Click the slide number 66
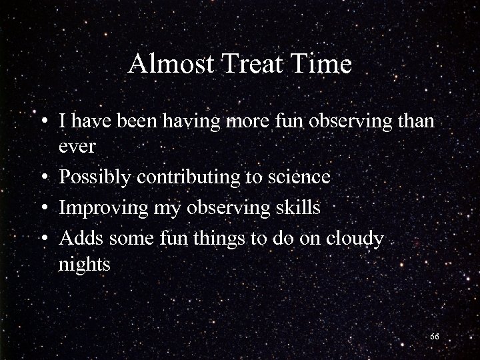point(434,337)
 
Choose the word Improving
point(99,207)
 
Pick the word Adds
point(79,238)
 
